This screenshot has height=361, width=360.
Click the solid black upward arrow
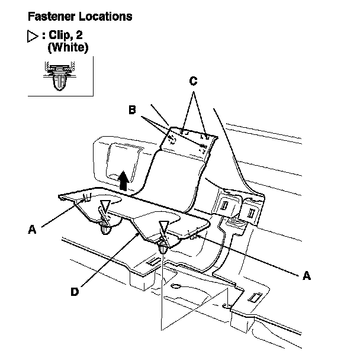click(x=123, y=179)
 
